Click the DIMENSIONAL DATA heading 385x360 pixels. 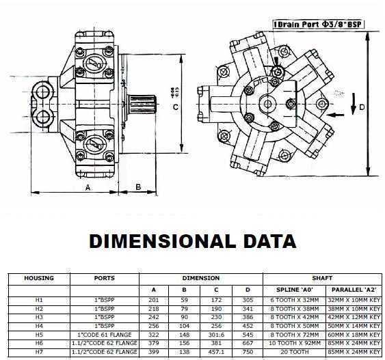[x=193, y=241]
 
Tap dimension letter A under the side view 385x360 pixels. [x=87, y=186]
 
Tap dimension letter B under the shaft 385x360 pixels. [x=137, y=186]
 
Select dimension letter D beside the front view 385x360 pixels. [x=362, y=107]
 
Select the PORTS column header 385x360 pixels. [x=105, y=278]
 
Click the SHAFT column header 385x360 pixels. [x=322, y=278]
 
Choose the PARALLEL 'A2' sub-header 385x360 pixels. [x=353, y=290]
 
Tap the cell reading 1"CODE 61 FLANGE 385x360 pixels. [x=105, y=335]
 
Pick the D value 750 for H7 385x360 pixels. [x=248, y=352]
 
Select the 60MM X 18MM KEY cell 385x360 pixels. [x=353, y=335]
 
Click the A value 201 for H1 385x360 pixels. [x=153, y=300]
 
